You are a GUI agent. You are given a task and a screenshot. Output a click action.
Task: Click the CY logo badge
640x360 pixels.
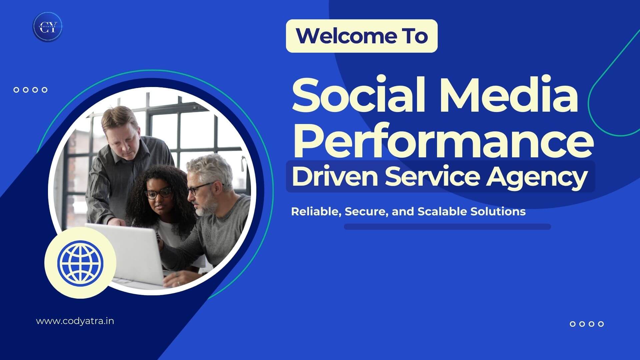47,27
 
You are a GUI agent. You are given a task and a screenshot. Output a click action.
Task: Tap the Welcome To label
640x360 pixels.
362,36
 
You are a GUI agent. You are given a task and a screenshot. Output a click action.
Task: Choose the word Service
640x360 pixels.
432,177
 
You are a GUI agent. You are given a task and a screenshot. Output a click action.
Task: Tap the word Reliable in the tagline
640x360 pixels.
316,212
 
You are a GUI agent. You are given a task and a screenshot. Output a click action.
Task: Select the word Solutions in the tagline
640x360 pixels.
498,211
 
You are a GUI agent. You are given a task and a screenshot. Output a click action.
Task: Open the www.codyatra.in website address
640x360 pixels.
75,321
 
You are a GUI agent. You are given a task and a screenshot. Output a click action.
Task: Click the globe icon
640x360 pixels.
80,262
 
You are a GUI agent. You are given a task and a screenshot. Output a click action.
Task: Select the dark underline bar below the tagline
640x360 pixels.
447,227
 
